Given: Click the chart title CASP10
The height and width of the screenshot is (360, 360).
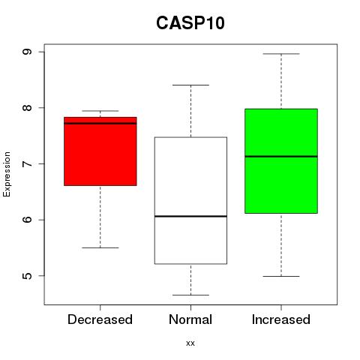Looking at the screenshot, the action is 190,23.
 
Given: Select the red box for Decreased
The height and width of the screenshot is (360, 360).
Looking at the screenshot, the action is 100,151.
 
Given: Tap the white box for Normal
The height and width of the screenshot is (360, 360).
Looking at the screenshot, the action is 190,200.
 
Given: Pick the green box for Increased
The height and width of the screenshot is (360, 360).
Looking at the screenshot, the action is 281,161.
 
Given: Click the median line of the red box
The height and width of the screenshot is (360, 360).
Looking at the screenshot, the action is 100,123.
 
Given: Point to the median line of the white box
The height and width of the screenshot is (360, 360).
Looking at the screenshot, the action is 190,216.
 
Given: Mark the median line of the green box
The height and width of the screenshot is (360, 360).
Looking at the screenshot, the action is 281,157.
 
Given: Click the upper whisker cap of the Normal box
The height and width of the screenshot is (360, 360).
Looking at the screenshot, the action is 190,85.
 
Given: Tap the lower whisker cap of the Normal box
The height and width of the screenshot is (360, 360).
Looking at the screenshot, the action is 190,295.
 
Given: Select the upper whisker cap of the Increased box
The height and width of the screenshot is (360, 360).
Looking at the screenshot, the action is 281,54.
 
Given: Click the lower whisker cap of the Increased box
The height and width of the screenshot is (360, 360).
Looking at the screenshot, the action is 281,276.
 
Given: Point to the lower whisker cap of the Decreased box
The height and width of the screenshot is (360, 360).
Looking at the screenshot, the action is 100,247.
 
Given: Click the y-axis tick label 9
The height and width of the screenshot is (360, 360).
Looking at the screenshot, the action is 27,52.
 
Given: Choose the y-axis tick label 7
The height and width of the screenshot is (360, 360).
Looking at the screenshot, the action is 27,163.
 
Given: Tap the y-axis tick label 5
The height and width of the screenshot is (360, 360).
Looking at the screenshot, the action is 27,276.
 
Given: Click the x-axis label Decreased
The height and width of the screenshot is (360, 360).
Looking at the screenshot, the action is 100,319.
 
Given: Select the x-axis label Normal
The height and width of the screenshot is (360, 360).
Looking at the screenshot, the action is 190,319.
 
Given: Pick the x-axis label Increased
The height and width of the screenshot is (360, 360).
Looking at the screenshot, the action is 281,319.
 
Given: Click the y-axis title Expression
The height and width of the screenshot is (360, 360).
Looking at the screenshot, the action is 7,174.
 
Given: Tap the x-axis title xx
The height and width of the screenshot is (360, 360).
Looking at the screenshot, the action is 190,343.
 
